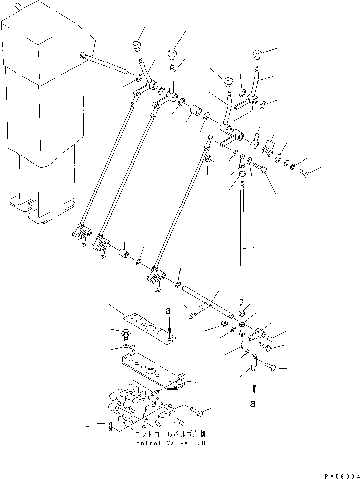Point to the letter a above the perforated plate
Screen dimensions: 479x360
click(x=169, y=311)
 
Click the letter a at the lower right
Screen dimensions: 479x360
click(x=254, y=403)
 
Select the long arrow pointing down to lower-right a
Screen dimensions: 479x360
click(x=254, y=384)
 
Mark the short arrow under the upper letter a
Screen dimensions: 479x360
click(x=169, y=327)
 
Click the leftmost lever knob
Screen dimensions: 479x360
click(x=135, y=46)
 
